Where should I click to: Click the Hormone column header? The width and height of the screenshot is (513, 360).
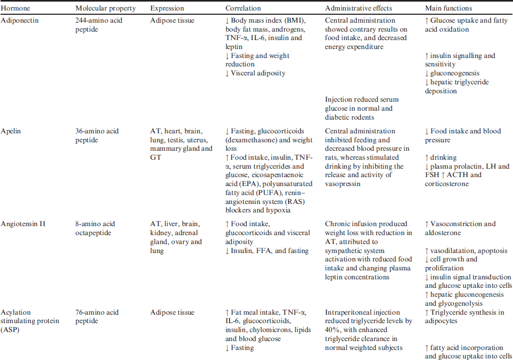pos(14,8)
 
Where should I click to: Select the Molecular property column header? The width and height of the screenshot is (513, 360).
pos(105,8)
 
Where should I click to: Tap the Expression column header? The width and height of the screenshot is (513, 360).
pos(167,8)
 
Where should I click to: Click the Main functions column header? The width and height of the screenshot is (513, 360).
pos(448,8)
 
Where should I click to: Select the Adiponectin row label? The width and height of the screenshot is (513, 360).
pos(19,21)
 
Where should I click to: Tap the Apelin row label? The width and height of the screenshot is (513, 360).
pos(12,131)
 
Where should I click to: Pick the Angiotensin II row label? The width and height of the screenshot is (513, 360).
pos(23,224)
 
